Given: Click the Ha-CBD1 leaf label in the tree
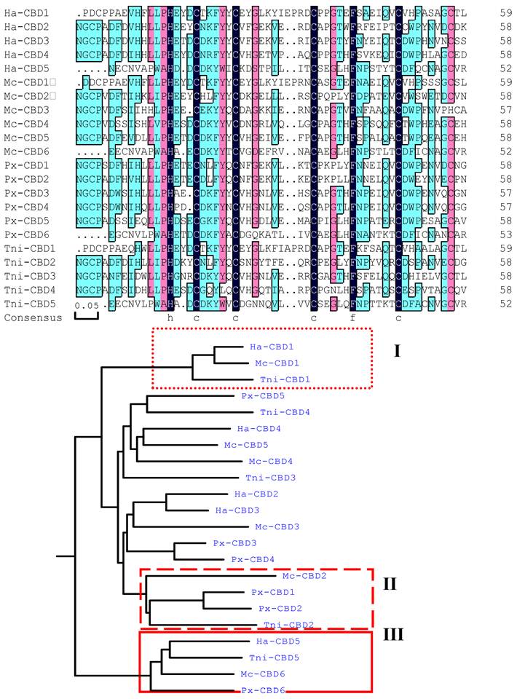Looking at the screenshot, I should tap(258, 347).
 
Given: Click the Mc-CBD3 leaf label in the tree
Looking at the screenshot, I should tap(277, 526).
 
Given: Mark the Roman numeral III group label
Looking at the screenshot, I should tap(393, 634).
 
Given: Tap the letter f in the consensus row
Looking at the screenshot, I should tap(353, 318).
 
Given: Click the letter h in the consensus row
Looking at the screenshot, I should tap(170, 318).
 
